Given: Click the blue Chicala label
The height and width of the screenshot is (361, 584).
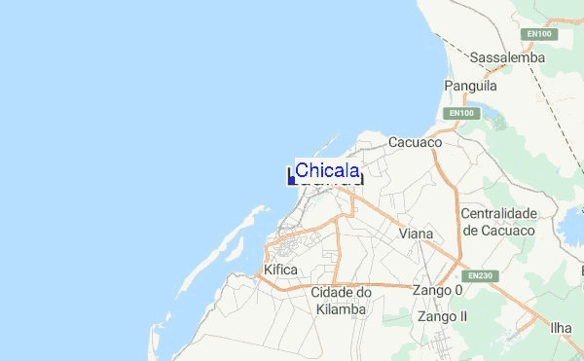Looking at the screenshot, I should pyautogui.click(x=327, y=170).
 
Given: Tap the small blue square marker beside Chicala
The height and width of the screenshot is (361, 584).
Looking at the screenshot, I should pyautogui.click(x=292, y=180).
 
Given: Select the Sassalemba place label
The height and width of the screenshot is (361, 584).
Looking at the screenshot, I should pyautogui.click(x=508, y=58).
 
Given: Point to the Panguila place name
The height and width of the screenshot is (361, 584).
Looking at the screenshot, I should pyautogui.click(x=471, y=87).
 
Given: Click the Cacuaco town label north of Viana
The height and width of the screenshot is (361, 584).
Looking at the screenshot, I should pyautogui.click(x=416, y=142).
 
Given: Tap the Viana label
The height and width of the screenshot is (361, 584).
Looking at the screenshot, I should pyautogui.click(x=417, y=234).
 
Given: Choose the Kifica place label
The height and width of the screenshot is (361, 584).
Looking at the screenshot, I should pyautogui.click(x=281, y=270).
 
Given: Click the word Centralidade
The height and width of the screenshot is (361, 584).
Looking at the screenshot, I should pyautogui.click(x=498, y=213).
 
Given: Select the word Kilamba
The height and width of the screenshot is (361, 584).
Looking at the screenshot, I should pyautogui.click(x=341, y=308).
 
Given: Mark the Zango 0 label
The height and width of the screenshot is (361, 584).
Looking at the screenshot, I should pyautogui.click(x=437, y=291).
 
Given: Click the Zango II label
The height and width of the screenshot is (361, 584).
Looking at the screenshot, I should pyautogui.click(x=442, y=316).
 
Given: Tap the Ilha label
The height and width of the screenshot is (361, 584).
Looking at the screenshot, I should pyautogui.click(x=561, y=327).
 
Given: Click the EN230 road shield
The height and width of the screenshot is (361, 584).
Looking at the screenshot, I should pyautogui.click(x=475, y=276).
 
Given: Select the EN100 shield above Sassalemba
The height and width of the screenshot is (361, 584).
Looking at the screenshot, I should pyautogui.click(x=538, y=34).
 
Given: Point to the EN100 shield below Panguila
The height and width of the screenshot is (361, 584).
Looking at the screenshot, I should pyautogui.click(x=461, y=114).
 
